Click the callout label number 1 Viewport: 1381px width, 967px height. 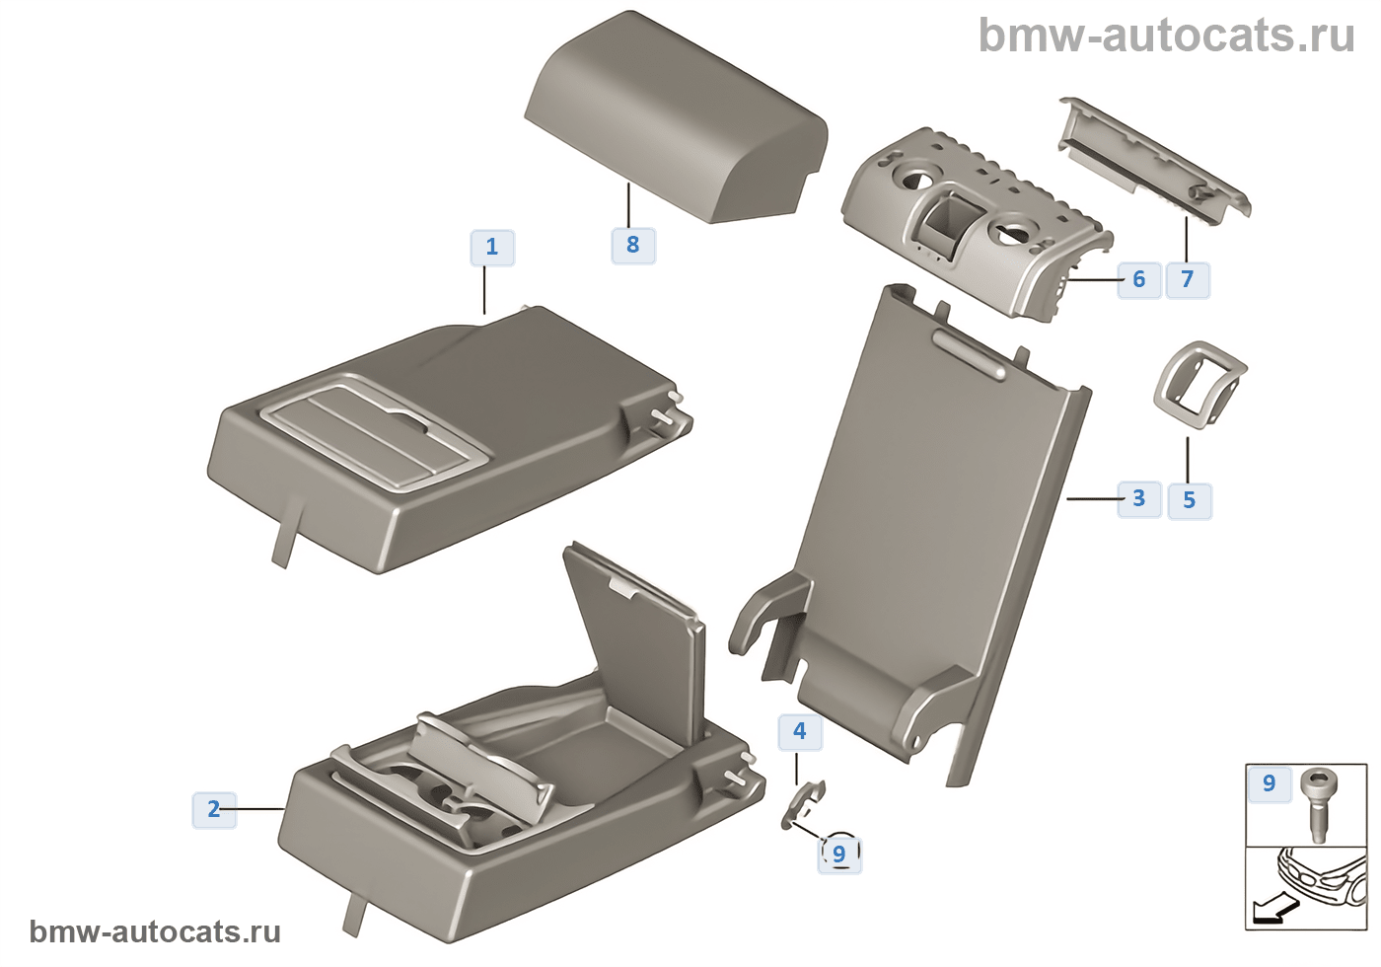click(x=492, y=247)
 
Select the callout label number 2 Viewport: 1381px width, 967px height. click(x=214, y=810)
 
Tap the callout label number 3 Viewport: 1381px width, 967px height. click(x=1138, y=498)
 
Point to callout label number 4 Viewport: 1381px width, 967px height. click(x=800, y=732)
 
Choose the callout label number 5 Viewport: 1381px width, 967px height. click(x=1189, y=501)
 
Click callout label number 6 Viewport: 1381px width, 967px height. click(x=1138, y=279)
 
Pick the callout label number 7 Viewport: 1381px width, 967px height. click(x=1188, y=280)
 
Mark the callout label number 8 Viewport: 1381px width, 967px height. click(x=633, y=245)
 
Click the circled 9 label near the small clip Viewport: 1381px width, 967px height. click(x=839, y=854)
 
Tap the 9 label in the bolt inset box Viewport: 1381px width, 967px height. click(x=1269, y=783)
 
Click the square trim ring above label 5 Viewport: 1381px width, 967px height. click(x=1199, y=384)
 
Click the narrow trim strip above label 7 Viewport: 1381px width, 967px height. click(x=1154, y=158)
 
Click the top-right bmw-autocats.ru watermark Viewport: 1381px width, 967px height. click(x=1166, y=36)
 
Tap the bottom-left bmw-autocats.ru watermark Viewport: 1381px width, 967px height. click(x=155, y=931)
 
